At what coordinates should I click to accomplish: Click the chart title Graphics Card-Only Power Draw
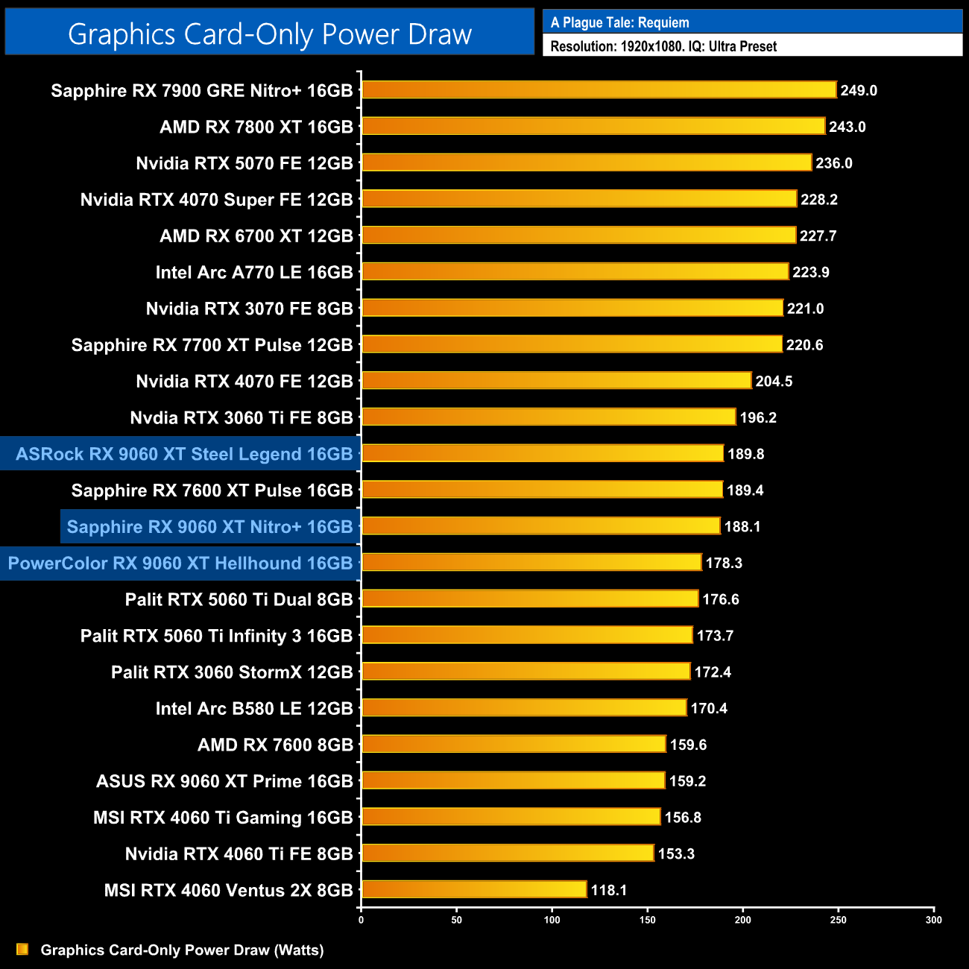pos(270,34)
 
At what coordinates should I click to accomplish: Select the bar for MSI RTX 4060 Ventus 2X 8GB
pos(474,889)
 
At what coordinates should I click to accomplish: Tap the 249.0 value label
pos(859,90)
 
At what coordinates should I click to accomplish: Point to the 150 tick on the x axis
pos(647,920)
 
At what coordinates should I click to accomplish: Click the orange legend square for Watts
pos(22,949)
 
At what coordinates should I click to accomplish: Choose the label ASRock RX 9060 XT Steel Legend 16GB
pos(184,454)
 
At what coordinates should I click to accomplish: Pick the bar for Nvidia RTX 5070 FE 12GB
pos(587,162)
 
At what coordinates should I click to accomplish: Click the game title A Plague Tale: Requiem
pos(619,22)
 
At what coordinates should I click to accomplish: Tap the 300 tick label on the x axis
pos(933,920)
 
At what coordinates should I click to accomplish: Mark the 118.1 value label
pos(609,890)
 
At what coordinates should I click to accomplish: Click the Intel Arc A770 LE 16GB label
pos(254,272)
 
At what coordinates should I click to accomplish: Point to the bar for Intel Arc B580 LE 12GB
pos(524,707)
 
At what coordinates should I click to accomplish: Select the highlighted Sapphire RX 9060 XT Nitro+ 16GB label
pos(209,527)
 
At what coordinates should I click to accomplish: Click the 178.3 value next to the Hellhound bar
pos(724,563)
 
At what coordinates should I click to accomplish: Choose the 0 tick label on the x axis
pos(361,920)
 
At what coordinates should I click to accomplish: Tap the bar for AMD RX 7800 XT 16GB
pos(593,126)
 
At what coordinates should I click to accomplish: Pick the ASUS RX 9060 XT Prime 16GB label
pos(224,781)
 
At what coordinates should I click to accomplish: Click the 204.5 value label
pos(774,381)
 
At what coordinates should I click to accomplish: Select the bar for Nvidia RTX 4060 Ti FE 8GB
pos(508,853)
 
